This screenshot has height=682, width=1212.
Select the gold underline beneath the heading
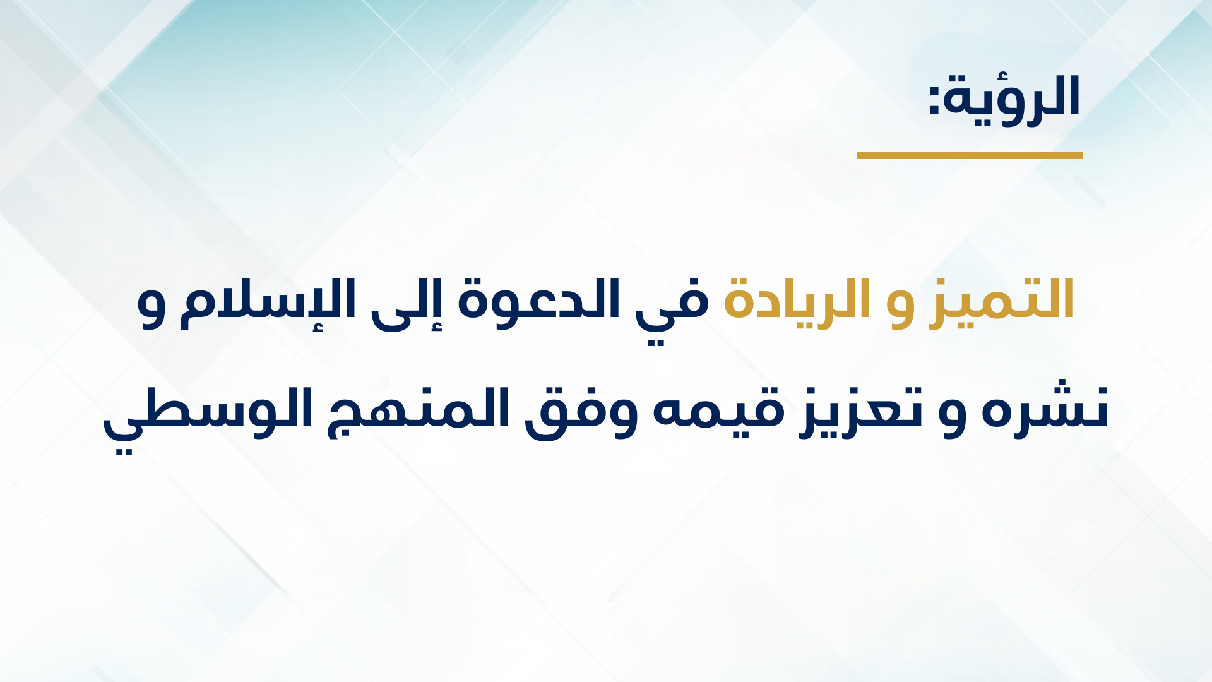970,155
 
